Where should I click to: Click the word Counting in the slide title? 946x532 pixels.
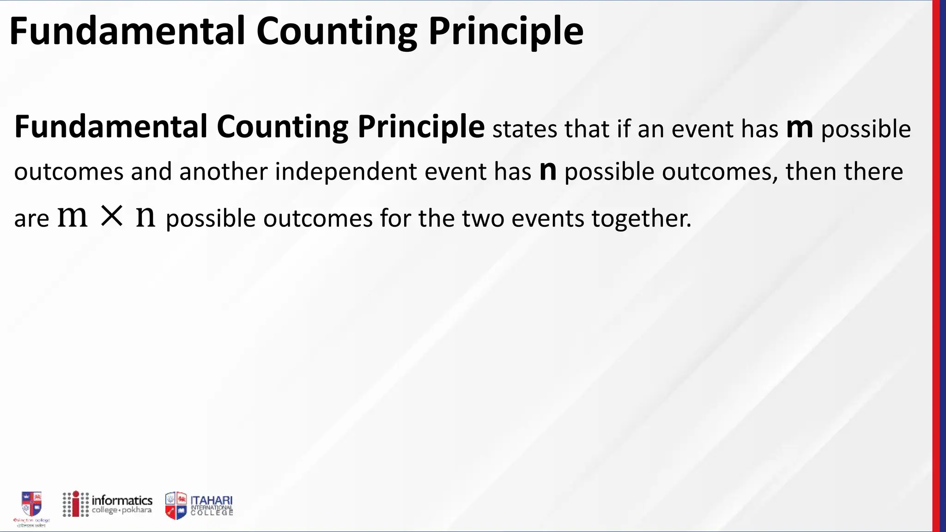point(337,31)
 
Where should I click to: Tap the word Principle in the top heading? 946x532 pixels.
point(506,31)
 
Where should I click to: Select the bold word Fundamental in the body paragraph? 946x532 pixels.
point(111,127)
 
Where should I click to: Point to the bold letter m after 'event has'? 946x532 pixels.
point(800,128)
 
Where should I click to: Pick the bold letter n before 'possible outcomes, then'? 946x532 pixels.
point(548,170)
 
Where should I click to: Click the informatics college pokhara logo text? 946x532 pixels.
point(122,504)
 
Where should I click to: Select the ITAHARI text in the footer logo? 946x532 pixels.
point(212,501)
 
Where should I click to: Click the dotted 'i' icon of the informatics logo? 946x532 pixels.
point(76,504)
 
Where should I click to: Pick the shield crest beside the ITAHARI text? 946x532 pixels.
point(176,505)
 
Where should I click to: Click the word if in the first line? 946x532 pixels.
point(624,129)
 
